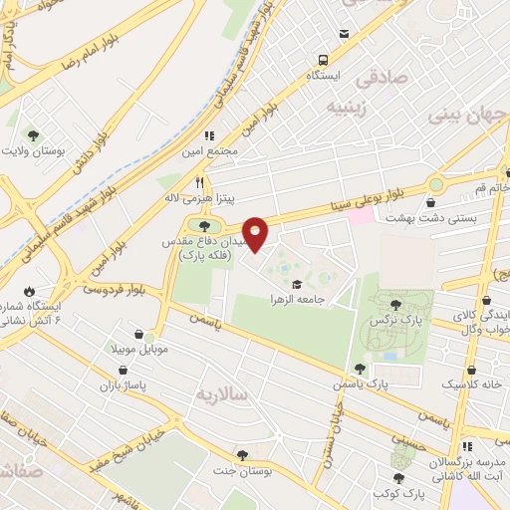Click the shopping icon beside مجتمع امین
(x=209, y=135)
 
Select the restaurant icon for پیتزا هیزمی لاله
(x=199, y=183)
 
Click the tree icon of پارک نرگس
(x=396, y=305)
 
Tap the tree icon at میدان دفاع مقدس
(x=191, y=224)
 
